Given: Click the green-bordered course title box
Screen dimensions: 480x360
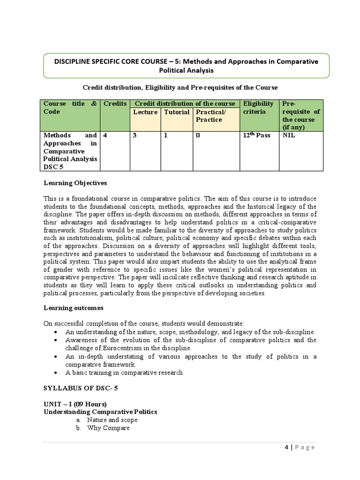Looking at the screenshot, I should pos(186,66).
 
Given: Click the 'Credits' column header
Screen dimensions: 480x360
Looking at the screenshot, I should pos(115,104).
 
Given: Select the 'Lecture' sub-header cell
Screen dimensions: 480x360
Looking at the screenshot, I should pos(145,112).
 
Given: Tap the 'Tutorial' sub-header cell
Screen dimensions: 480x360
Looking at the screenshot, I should pos(176,112).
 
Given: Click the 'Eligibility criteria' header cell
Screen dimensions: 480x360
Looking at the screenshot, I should pos(258,107).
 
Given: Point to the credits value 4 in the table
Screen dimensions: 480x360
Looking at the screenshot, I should pos(105,135).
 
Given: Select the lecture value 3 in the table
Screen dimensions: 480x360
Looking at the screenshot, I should pos(135,135).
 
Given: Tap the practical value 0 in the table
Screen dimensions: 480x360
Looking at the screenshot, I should pos(198,135).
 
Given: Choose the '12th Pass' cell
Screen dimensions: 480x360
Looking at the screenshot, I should pos(257,135).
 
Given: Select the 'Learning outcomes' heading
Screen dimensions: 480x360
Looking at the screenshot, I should pos(74,308).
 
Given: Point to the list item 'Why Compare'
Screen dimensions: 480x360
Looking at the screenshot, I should pos(108,428).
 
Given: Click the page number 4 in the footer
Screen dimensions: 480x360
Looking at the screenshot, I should pos(286,447).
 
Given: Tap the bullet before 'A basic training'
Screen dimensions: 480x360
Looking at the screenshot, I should pos(56,373).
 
